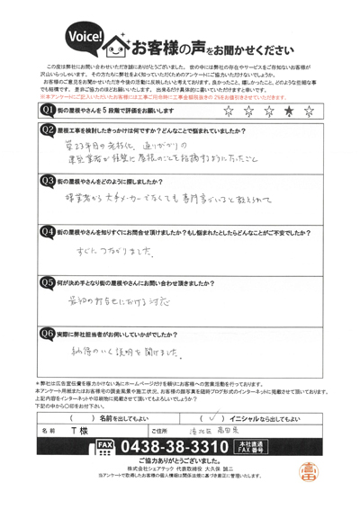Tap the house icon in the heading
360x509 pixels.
point(119,40)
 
